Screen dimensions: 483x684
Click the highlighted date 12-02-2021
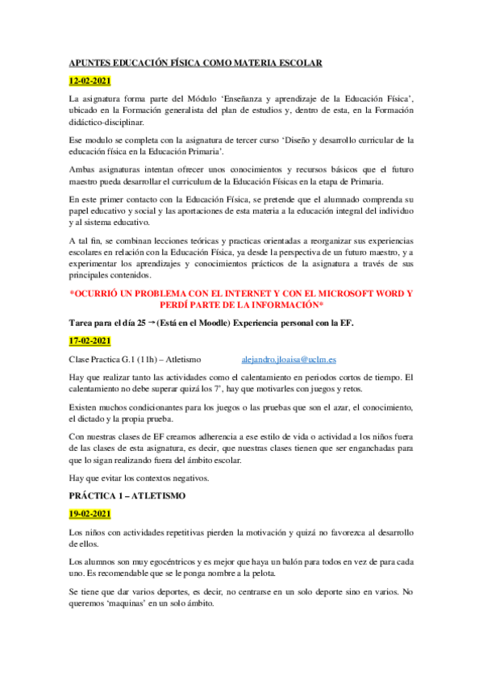tap(90, 81)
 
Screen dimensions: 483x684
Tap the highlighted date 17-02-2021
tap(90, 341)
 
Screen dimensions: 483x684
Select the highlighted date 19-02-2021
tap(90, 514)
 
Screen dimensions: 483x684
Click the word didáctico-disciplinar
tap(107, 122)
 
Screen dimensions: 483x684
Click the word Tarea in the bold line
tap(82, 323)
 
